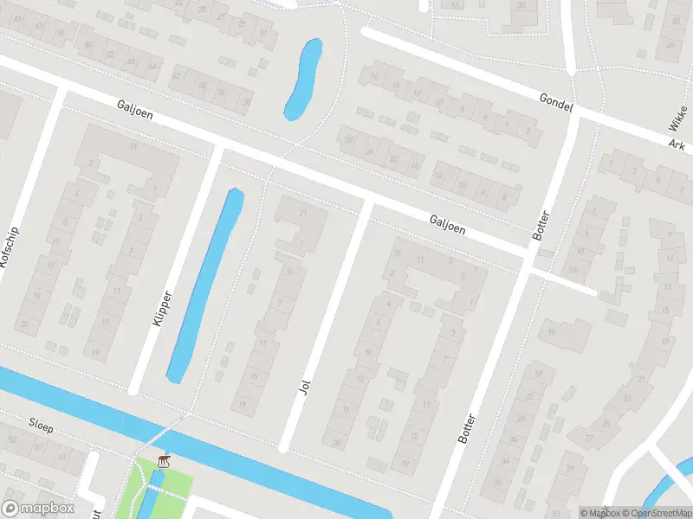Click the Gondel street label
(555, 104)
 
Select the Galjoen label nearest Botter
(447, 225)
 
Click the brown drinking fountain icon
(163, 460)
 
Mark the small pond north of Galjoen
(303, 80)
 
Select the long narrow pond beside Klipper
(205, 285)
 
